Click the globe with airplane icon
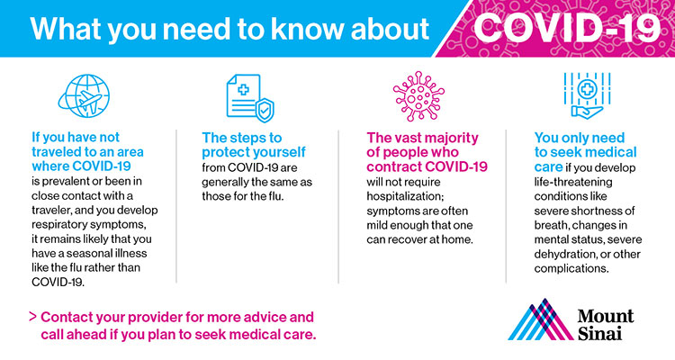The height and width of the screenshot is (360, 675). point(84,96)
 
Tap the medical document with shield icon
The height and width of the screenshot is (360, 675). point(250,98)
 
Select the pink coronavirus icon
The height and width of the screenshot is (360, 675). point(418,96)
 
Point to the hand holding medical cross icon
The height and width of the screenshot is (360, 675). point(587,95)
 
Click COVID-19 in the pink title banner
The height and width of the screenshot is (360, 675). point(567,28)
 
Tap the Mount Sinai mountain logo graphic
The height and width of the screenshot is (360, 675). point(541,319)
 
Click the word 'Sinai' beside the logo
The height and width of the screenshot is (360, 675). point(599,333)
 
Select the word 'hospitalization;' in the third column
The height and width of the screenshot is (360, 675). point(405,197)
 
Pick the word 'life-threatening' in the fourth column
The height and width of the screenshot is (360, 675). point(573,182)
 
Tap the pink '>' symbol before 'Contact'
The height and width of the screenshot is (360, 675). point(32,317)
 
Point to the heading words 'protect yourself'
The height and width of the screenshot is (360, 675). point(254,152)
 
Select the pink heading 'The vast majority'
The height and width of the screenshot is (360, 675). point(422,138)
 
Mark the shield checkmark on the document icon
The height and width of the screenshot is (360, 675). point(265,111)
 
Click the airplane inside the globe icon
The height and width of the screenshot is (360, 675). point(90,101)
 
